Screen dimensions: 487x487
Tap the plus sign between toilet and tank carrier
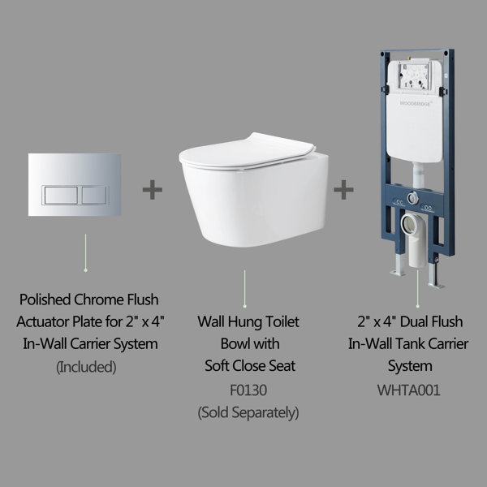[x=344, y=190]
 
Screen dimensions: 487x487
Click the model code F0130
[x=248, y=390]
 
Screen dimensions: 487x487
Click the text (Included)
[x=86, y=367]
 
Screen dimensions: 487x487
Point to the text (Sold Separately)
[x=248, y=412]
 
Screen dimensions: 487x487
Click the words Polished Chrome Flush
[x=86, y=300]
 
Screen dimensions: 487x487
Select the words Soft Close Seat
[x=248, y=367]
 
